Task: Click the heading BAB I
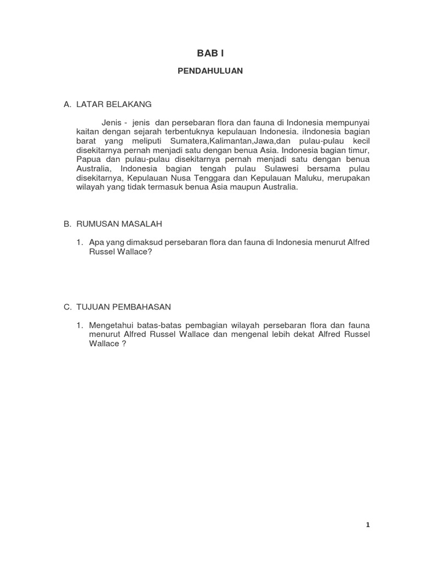pos(210,53)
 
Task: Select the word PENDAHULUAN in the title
pos(210,71)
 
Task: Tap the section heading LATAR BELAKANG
pos(114,104)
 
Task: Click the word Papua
pos(87,159)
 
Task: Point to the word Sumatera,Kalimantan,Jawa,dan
pos(218,140)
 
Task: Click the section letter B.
pos(67,224)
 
